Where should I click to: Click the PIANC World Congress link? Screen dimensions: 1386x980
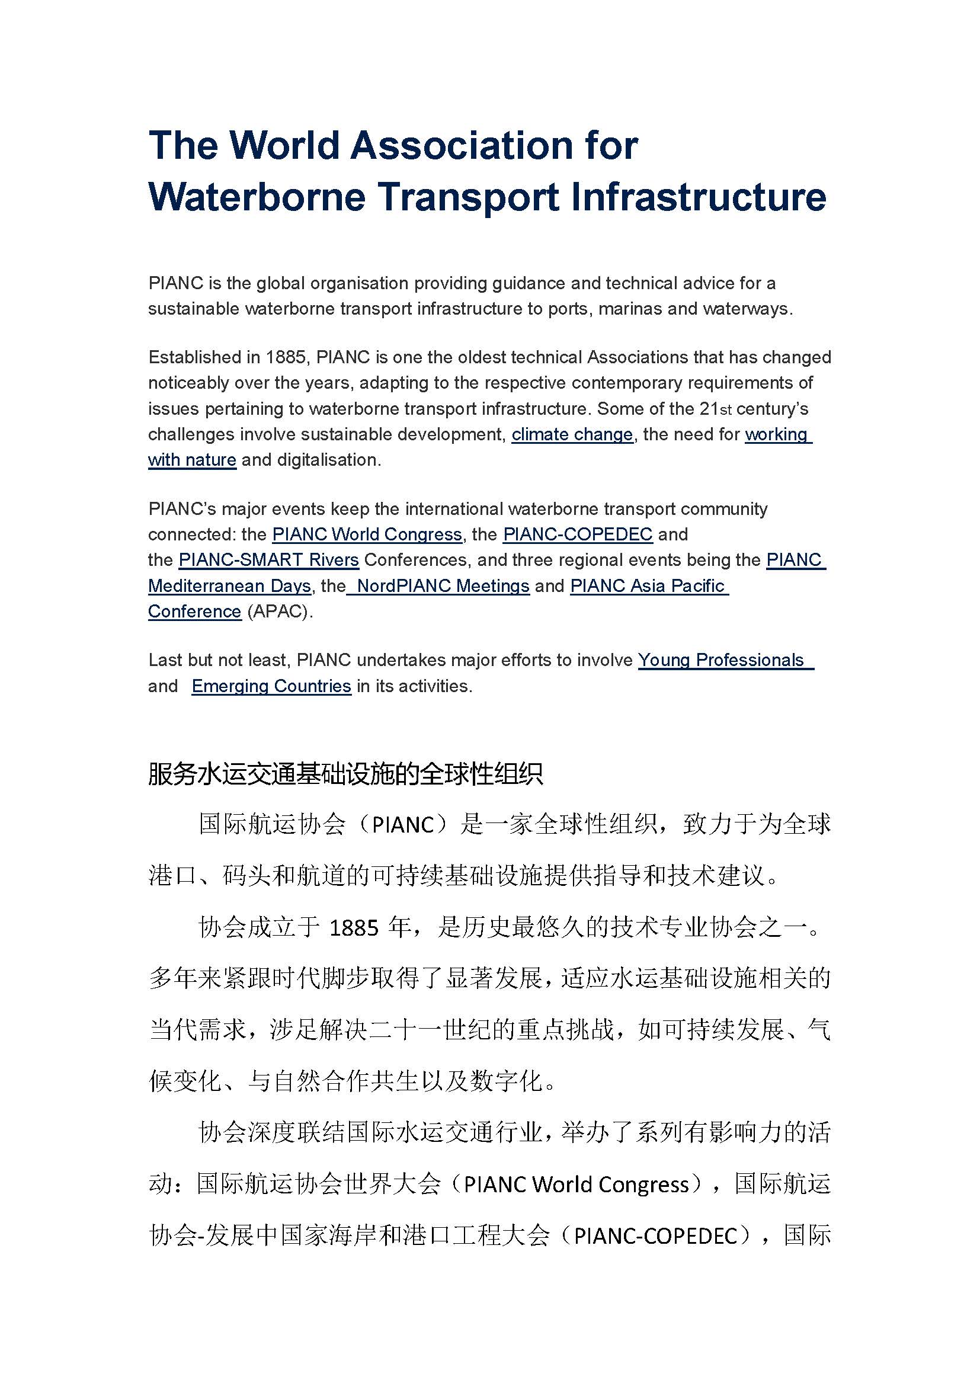367,534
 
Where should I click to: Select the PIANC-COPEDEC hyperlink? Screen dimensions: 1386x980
578,534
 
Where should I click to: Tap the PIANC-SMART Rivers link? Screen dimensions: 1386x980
268,560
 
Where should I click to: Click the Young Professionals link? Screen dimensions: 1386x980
721,660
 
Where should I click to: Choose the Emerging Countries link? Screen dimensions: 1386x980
271,686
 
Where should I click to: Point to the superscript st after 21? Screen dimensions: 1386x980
726,411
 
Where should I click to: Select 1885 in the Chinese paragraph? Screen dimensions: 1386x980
354,928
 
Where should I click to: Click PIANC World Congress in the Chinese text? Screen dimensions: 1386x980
577,1185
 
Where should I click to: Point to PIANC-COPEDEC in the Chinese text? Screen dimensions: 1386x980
656,1235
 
